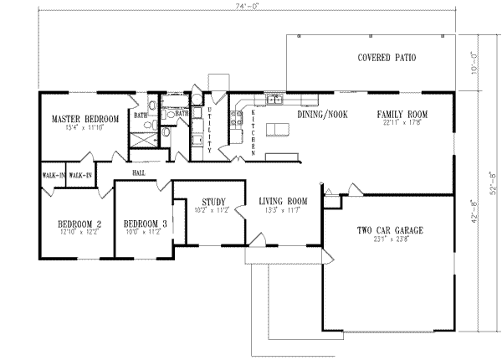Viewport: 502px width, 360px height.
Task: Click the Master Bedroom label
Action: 84,119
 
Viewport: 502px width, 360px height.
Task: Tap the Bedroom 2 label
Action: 79,224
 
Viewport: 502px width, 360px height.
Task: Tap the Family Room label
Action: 402,113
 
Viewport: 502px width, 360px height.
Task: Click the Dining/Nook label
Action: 322,113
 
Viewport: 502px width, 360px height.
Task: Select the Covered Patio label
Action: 387,58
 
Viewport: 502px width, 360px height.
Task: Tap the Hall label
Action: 138,172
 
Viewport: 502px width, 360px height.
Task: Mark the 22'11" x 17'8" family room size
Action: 402,122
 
